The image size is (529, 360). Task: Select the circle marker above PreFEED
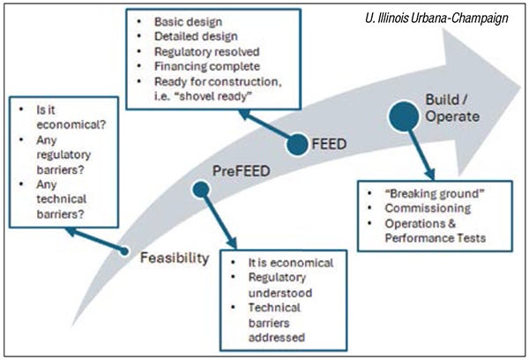point(201,188)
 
